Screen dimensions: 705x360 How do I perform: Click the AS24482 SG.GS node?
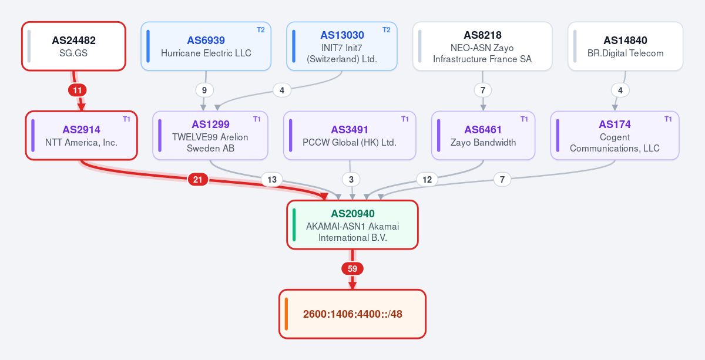coord(73,46)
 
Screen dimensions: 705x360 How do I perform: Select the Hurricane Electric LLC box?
coord(206,46)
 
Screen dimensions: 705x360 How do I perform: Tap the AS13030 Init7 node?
coord(342,46)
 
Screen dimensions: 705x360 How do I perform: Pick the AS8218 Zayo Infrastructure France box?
coord(482,46)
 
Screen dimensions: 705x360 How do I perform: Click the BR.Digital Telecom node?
coord(625,46)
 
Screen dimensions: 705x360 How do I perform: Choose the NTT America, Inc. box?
coord(82,136)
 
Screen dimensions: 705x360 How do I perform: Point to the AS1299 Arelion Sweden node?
coord(210,136)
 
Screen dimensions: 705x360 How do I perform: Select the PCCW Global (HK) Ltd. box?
coord(350,136)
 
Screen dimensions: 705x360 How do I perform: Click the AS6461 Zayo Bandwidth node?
coord(483,136)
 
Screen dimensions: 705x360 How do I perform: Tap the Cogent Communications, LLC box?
coord(615,136)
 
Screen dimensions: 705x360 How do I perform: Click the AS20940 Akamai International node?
coord(352,225)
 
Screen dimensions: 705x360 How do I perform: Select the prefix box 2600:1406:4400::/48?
coord(352,314)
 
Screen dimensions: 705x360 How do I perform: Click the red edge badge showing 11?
coord(78,90)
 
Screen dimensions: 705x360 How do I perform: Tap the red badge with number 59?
coord(352,269)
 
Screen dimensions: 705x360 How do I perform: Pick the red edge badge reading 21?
coord(197,180)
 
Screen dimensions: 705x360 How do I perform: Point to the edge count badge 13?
coord(272,180)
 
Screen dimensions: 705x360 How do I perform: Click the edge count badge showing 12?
coord(427,180)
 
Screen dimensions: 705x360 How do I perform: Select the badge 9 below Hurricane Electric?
coord(204,90)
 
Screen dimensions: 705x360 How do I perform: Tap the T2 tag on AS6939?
coord(261,30)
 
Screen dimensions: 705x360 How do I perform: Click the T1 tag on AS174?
coord(668,119)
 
